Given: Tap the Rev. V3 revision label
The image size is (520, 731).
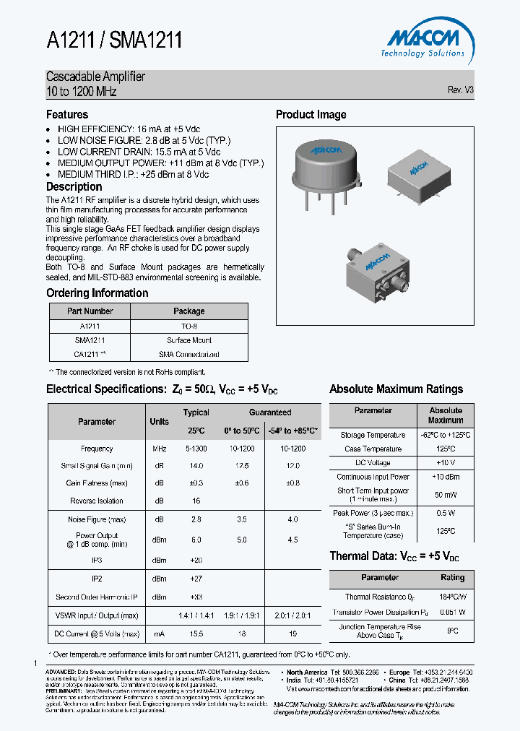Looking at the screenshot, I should tap(460, 90).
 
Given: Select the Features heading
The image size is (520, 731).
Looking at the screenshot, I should tap(67, 115).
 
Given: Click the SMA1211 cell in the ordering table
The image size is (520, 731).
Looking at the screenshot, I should tap(90, 340).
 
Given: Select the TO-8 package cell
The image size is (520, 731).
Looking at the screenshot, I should tap(189, 326).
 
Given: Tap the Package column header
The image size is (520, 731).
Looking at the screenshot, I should tap(189, 311).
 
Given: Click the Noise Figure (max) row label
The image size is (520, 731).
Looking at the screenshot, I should tap(97, 519).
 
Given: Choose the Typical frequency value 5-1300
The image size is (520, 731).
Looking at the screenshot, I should tap(196, 449).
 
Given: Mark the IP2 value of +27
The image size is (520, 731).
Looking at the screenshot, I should tap(196, 579).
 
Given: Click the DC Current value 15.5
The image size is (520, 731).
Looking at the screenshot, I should tap(196, 633).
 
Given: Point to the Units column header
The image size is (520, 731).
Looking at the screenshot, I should tap(160, 422).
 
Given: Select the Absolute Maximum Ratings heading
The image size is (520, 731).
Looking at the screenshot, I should tap(396, 389).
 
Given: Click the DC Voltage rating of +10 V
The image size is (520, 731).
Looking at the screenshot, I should tap(446, 462).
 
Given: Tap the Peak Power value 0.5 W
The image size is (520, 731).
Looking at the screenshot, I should tap(446, 513).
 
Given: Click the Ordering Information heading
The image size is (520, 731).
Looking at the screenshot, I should tap(97, 293).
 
